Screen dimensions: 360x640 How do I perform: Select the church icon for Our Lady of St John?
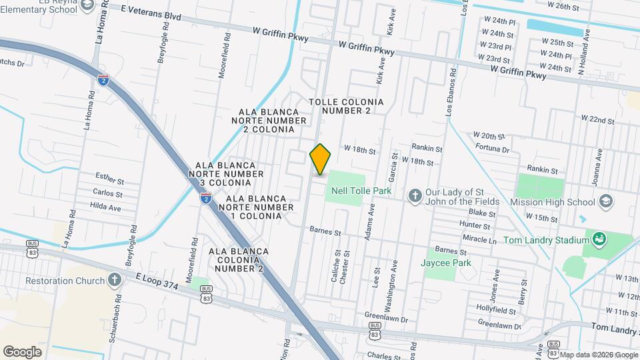[x=415, y=195]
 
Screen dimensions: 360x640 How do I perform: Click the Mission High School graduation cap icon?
[x=606, y=201]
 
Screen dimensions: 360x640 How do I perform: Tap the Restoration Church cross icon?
[x=115, y=280]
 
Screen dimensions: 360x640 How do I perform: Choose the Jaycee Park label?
[x=446, y=263]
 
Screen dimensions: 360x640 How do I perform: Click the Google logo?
[x=22, y=351]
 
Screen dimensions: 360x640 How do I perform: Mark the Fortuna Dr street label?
[x=492, y=149]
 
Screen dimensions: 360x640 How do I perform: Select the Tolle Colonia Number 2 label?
[x=347, y=106]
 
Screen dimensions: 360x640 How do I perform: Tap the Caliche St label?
[x=336, y=266]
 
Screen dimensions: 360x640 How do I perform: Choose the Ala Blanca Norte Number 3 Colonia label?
[x=225, y=174]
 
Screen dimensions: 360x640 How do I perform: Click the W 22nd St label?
[x=597, y=119]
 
